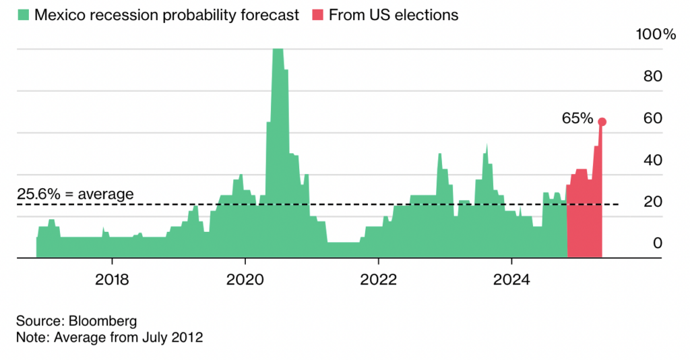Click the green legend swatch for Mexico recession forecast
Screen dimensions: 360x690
pyautogui.click(x=23, y=15)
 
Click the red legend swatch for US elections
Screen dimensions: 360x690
pyautogui.click(x=317, y=15)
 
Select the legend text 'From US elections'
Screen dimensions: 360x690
pyautogui.click(x=394, y=15)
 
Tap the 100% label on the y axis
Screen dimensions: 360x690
pyautogui.click(x=655, y=34)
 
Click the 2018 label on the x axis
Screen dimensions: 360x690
pyautogui.click(x=112, y=278)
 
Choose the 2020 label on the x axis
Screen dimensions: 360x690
pyautogui.click(x=245, y=278)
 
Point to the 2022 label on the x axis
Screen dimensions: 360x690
pyautogui.click(x=379, y=278)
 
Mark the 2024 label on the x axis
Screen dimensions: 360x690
pyautogui.click(x=511, y=278)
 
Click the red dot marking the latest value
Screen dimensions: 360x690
pyautogui.click(x=602, y=122)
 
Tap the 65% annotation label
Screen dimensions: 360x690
pyautogui.click(x=577, y=119)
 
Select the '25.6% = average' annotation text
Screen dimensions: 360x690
pyautogui.click(x=75, y=194)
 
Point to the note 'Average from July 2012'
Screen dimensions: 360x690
pyautogui.click(x=126, y=337)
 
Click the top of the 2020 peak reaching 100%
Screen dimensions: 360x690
pyautogui.click(x=278, y=50)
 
